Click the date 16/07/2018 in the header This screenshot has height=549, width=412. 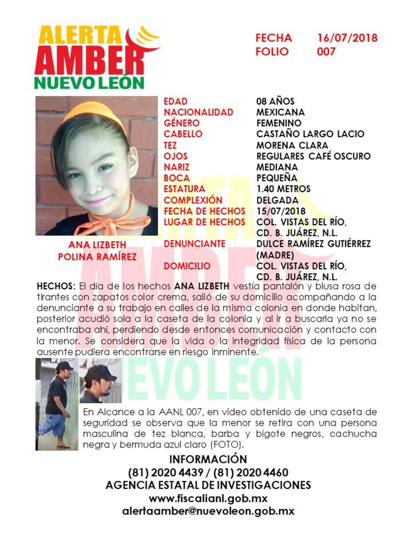[x=347, y=38]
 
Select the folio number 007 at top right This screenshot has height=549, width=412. [x=326, y=51]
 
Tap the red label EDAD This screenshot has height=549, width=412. [x=175, y=101]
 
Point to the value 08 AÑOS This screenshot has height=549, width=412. [x=275, y=101]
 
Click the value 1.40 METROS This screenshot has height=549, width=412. [x=283, y=189]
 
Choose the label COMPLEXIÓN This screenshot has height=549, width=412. [x=193, y=200]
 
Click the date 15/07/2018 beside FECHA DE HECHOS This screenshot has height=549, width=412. [x=281, y=211]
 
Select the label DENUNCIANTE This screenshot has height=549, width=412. [x=194, y=244]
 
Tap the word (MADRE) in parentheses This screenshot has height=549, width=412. [x=275, y=255]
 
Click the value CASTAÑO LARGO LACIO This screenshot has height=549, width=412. [x=310, y=134]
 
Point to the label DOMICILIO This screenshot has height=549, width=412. [x=187, y=266]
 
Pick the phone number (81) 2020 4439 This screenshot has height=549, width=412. [x=166, y=472]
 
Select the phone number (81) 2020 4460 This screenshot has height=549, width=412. [x=251, y=472]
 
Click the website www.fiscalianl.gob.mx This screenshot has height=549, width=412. [x=208, y=499]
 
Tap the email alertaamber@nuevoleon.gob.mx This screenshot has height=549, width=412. [x=208, y=511]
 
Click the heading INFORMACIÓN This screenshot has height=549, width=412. [x=208, y=459]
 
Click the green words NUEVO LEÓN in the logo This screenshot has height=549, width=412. [x=89, y=83]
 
